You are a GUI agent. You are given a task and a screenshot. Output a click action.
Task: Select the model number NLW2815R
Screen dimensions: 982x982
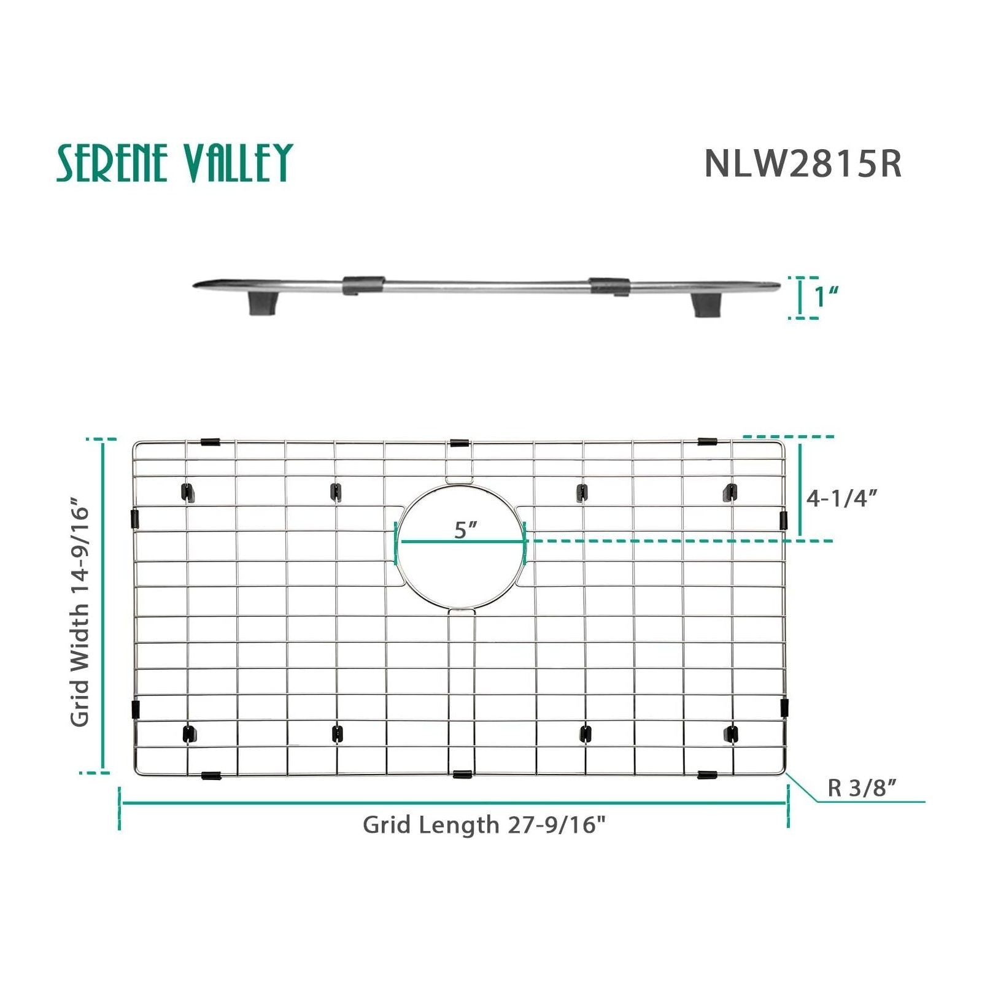[x=803, y=163]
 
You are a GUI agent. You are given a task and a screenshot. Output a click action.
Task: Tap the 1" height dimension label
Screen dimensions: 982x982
[x=826, y=297]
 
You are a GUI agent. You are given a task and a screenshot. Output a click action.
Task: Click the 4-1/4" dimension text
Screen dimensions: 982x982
[x=841, y=498]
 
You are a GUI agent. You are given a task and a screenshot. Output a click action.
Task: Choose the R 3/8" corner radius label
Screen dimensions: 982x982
[x=862, y=787]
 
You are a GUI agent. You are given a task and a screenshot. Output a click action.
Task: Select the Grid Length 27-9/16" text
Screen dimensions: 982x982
[x=484, y=824]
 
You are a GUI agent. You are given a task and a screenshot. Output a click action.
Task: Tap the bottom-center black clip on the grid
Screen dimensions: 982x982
[x=462, y=774]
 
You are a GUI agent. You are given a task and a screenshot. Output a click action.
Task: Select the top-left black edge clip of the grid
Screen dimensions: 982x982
[x=210, y=442]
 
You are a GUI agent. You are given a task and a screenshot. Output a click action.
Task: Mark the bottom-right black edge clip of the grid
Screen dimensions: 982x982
[x=707, y=775]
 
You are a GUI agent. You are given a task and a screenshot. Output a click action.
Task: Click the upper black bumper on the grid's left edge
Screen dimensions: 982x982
[x=136, y=519]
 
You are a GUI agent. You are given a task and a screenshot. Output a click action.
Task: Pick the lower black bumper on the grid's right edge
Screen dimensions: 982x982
[x=784, y=708]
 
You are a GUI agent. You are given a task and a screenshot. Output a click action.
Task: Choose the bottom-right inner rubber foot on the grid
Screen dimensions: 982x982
[x=731, y=733]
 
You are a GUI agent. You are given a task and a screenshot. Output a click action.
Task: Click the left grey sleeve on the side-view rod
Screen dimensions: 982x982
[x=363, y=284]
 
